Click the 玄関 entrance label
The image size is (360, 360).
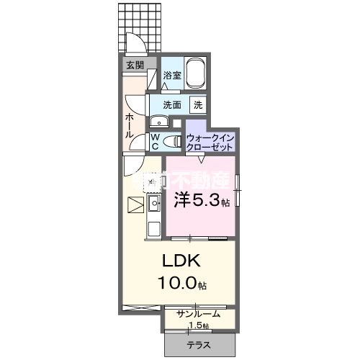coord(135,65)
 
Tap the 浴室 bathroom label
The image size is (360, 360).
coord(171,76)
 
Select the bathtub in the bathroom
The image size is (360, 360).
coord(195,74)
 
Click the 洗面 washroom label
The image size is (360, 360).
coord(171,104)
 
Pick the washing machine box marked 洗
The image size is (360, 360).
coord(197,104)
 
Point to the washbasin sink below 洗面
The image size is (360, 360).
coord(158,120)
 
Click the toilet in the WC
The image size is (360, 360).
coord(170,140)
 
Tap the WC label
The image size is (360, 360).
coord(154,140)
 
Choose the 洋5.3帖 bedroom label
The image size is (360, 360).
coord(200,201)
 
